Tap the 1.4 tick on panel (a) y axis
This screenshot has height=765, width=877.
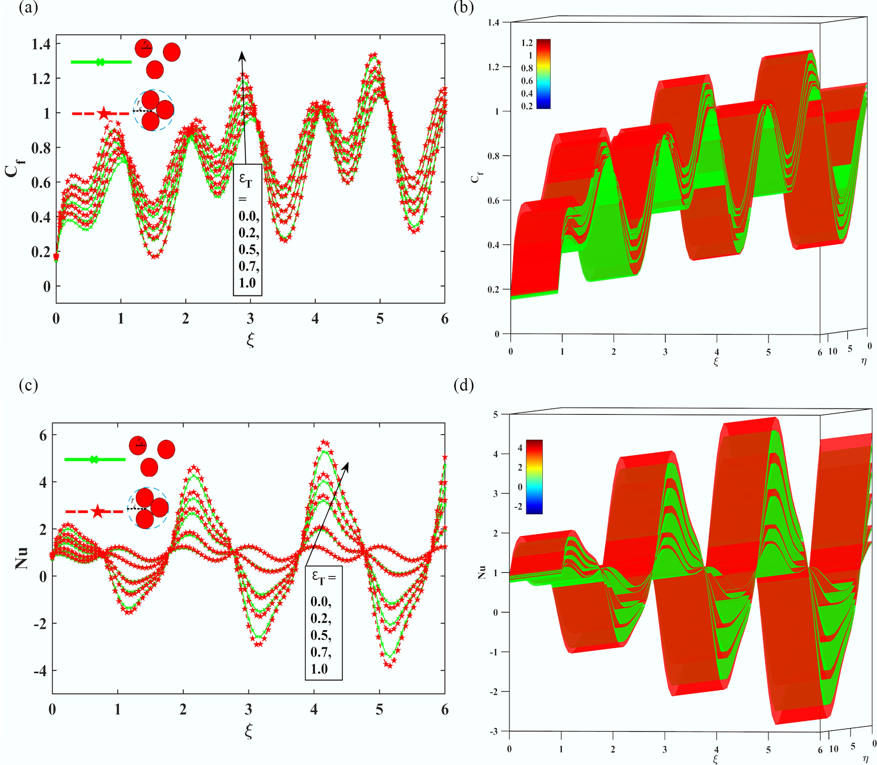coord(41,44)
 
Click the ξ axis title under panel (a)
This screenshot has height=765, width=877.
coord(250,340)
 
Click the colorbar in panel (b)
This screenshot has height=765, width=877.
coord(543,74)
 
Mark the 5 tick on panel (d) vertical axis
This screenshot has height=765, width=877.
coord(495,414)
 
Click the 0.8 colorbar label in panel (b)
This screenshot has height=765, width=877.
coord(527,68)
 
